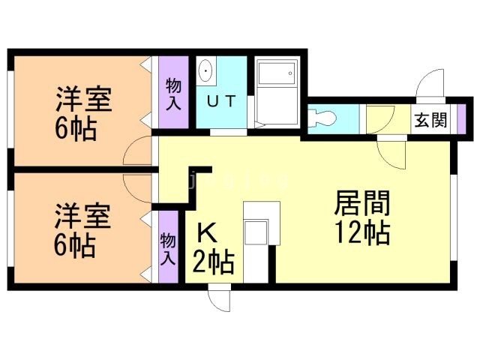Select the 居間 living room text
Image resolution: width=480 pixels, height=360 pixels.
[x=361, y=203]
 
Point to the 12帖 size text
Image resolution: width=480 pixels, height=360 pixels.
[x=361, y=233]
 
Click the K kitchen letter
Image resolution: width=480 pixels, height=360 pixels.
[x=206, y=232]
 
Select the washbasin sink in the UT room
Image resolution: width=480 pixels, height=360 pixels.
[x=206, y=72]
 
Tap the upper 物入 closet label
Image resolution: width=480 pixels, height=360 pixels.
[x=173, y=93]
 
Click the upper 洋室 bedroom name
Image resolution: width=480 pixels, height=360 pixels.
[x=82, y=100]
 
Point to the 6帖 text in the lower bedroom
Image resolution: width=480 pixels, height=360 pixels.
[x=75, y=245]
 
